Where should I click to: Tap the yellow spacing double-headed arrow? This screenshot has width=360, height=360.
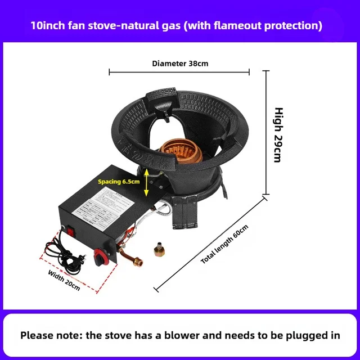coord(147,183)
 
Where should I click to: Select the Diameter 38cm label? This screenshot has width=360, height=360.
coord(180,63)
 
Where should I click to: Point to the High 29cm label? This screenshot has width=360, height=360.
coord(277,135)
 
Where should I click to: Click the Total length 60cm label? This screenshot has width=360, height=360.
coord(224,244)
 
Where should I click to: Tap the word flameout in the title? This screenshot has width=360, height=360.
coord(250,25)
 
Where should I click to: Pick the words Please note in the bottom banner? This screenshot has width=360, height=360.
coord(51,335)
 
